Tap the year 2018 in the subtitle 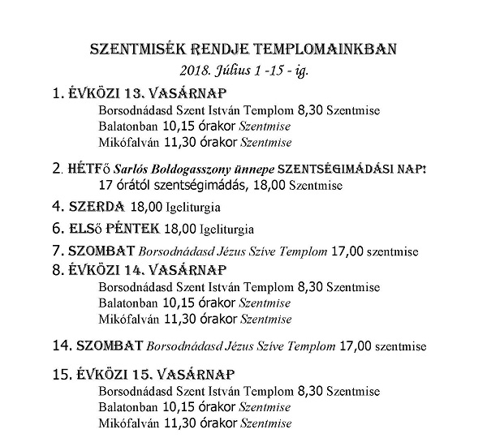tap(199, 70)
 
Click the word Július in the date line tap(238, 70)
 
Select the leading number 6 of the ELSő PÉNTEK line tap(55, 228)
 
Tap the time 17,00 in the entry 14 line tap(351, 346)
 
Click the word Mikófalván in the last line tap(124, 423)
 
